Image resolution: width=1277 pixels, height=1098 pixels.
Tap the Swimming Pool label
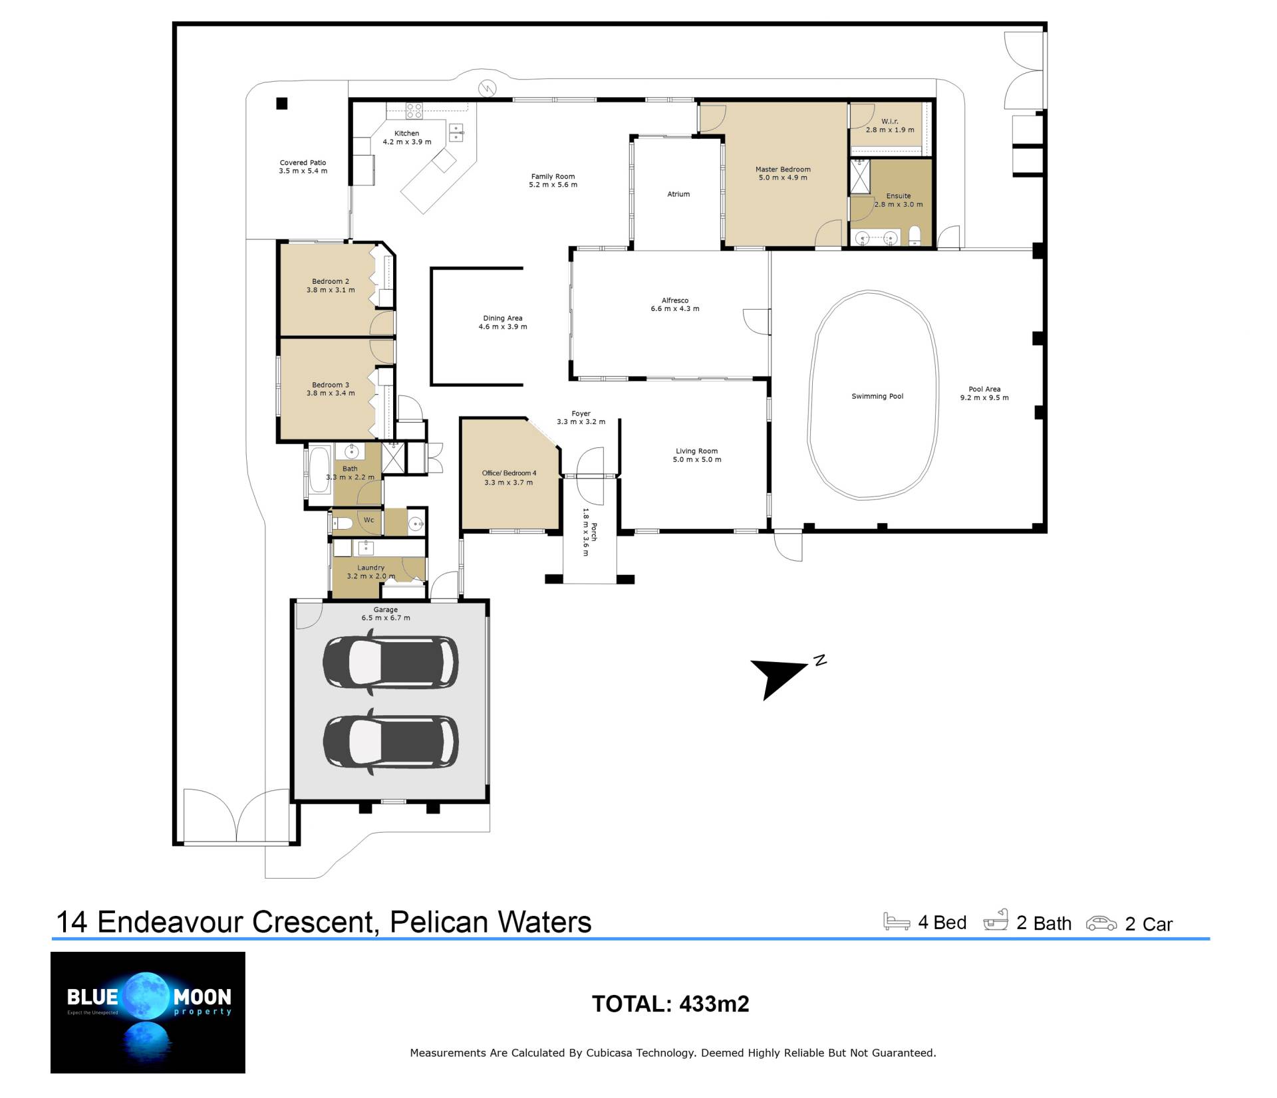(877, 396)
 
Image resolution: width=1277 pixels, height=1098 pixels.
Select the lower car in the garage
(390, 742)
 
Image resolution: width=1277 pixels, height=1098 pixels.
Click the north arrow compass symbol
(785, 676)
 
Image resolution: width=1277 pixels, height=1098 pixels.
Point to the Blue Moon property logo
(148, 1012)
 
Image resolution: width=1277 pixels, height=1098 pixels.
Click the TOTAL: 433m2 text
(670, 1004)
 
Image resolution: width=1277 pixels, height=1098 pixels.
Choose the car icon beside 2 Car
(1101, 923)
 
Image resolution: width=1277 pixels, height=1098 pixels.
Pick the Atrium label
(678, 194)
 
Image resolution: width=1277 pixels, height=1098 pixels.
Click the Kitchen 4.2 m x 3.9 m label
(407, 138)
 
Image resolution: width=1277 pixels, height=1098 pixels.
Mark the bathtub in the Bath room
(319, 470)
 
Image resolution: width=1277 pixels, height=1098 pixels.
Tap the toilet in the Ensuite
(914, 235)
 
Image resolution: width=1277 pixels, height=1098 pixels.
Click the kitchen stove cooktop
(414, 110)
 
